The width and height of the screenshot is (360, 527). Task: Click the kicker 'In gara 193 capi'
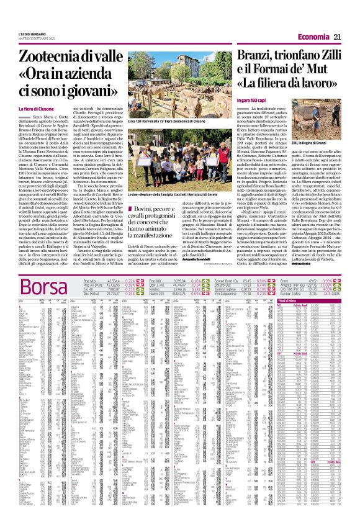[253, 101]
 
